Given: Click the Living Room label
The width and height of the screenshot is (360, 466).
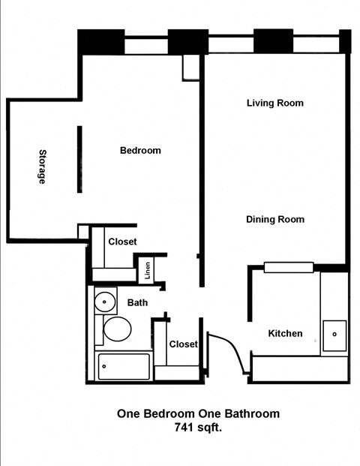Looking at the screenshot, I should coord(274,103).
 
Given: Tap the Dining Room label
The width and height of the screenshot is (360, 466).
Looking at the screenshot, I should coord(275,220).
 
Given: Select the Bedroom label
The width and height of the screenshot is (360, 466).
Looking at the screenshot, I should coord(140,150).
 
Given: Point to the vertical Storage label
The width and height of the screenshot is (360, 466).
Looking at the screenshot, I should coord(43,167).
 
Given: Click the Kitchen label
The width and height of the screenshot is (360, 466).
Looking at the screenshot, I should coord(285,333).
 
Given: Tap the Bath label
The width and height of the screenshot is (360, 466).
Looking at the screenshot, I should coord(137,303).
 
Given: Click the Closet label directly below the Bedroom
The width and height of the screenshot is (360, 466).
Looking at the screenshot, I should coord(122,242).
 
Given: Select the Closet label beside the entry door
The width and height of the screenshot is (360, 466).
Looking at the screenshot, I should coord(183,344).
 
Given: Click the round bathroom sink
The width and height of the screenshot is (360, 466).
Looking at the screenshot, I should coord(105,303).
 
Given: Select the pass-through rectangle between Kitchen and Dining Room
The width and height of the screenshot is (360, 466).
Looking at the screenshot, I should coord(288,267).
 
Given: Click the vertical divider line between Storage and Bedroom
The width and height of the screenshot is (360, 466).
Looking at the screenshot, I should coord(78,159).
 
